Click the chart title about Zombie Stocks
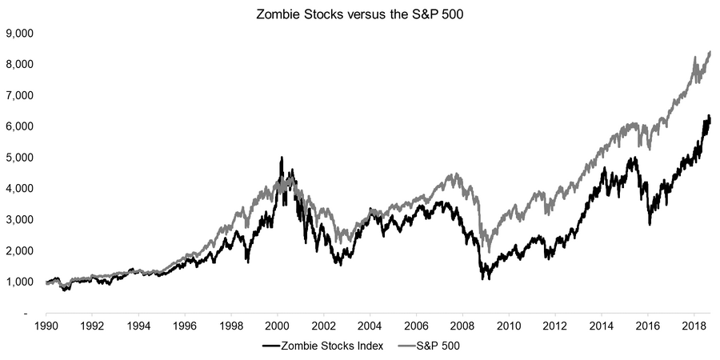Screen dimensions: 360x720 pyautogui.click(x=360, y=14)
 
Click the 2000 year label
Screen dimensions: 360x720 pyautogui.click(x=277, y=326)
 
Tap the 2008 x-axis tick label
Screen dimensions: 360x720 pyautogui.click(x=462, y=326)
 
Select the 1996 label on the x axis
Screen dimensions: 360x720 pyautogui.click(x=185, y=326)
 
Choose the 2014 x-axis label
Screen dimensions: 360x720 pyautogui.click(x=602, y=326)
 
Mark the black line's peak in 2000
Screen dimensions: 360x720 pyautogui.click(x=281, y=158)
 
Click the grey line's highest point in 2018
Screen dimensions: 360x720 pyautogui.click(x=710, y=51)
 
